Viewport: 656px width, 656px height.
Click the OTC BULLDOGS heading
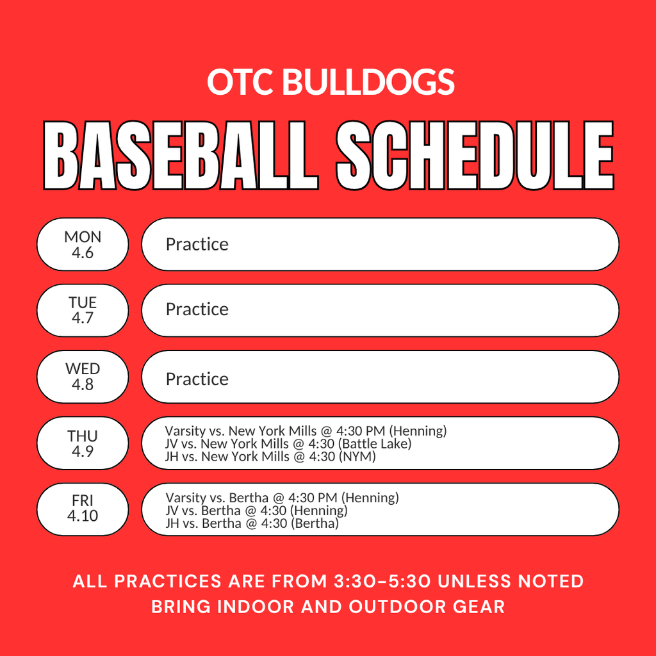[331, 83]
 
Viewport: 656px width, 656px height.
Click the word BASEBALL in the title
[180, 156]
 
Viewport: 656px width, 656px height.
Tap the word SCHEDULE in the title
[475, 156]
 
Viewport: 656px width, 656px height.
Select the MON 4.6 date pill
[83, 245]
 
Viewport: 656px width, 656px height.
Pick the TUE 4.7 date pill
[83, 310]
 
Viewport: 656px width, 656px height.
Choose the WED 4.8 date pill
[83, 377]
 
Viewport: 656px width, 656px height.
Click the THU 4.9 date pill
[83, 443]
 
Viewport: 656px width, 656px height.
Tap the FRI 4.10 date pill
[83, 509]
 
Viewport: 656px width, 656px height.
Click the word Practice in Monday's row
[197, 245]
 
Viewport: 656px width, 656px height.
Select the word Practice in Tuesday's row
[197, 309]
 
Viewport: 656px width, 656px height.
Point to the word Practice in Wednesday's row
[197, 379]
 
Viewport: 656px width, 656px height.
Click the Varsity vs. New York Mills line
[306, 431]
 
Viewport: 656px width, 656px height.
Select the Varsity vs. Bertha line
[282, 498]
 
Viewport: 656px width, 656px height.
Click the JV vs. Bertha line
[256, 511]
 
